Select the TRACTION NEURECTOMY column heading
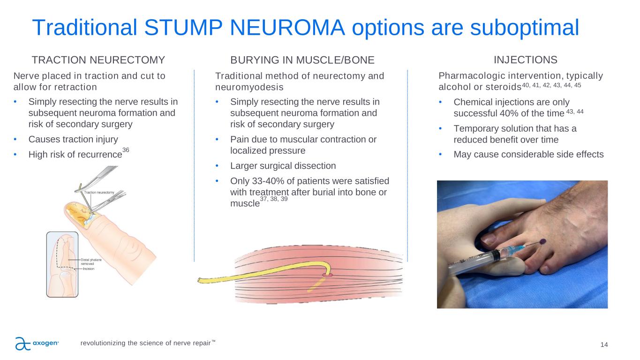[98, 60]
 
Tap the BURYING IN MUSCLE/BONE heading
[302, 60]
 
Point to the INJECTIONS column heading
[526, 60]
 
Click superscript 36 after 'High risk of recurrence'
[126, 150]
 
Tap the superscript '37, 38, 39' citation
[274, 199]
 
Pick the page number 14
[604, 345]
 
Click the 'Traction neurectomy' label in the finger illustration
[99, 193]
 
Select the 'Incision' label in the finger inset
[89, 269]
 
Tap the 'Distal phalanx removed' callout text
[91, 262]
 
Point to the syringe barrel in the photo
[474, 262]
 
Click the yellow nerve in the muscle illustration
[263, 273]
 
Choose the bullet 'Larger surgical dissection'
[283, 166]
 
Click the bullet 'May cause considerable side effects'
[528, 155]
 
